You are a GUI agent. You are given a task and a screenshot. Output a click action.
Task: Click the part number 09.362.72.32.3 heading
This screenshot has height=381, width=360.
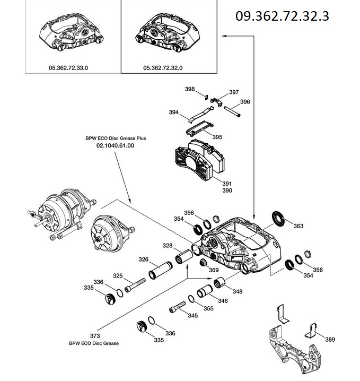(x=282, y=16)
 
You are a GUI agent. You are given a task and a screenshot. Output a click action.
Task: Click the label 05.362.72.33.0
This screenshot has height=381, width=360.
(x=68, y=68)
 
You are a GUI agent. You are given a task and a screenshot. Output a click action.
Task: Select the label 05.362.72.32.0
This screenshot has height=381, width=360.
(x=163, y=68)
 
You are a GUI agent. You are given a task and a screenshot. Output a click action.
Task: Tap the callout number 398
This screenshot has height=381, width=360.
(x=190, y=89)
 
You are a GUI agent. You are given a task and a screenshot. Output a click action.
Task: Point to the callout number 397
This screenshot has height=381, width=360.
(x=234, y=92)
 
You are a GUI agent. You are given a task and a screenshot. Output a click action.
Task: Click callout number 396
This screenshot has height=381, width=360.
(x=245, y=101)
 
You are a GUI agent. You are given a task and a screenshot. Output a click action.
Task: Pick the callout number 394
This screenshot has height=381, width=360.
(x=174, y=112)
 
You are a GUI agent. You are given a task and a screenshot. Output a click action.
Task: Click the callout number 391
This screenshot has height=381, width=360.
(x=212, y=182)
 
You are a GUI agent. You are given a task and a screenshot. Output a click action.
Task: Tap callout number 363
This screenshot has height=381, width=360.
(x=298, y=226)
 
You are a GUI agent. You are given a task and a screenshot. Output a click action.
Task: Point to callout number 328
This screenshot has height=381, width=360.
(x=168, y=246)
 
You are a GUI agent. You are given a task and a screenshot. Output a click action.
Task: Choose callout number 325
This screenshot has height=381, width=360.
(x=118, y=276)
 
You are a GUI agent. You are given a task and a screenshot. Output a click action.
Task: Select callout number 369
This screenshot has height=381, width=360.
(x=214, y=270)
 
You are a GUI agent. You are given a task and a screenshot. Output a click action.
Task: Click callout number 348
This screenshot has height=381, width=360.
(x=238, y=291)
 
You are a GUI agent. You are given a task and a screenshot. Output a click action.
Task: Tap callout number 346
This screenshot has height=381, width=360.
(x=223, y=301)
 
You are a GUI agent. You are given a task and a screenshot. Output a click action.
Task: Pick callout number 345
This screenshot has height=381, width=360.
(x=192, y=316)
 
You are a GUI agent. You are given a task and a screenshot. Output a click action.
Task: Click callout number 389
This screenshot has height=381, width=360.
(x=330, y=339)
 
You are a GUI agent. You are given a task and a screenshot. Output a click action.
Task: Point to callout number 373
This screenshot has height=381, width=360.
(x=95, y=336)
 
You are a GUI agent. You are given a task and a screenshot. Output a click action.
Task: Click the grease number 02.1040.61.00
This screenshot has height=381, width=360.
(x=115, y=145)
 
